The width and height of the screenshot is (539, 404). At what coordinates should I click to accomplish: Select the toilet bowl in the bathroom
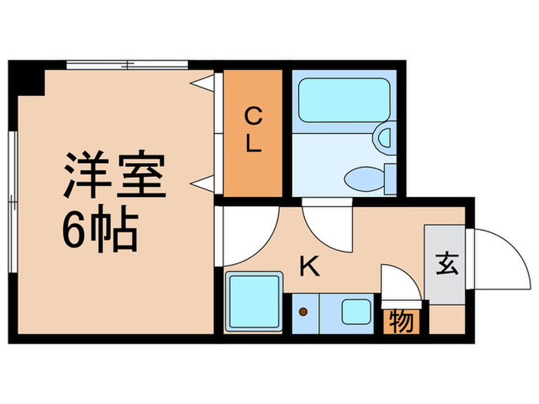coord(362,179)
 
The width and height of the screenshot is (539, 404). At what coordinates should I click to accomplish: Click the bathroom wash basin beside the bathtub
coord(383,139)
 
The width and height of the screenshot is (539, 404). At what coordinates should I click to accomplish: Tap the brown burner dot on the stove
coord(303,312)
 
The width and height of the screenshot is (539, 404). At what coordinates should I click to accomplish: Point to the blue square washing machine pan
coord(255,302)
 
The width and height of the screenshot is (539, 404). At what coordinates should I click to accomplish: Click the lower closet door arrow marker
coord(203,182)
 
